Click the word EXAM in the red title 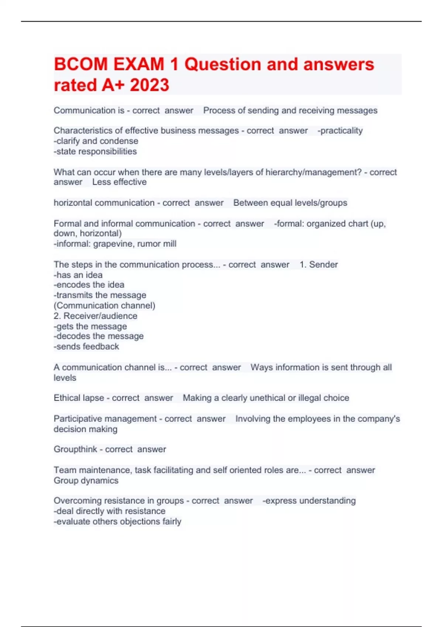click(x=139, y=64)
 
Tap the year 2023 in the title click(x=149, y=85)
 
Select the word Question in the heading click(x=223, y=64)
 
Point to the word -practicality click(x=340, y=131)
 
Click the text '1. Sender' click(x=319, y=264)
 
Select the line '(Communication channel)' click(x=104, y=305)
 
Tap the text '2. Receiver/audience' click(x=95, y=316)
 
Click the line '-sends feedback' click(x=86, y=346)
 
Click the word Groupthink click(x=75, y=449)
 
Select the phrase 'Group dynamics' click(x=86, y=480)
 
